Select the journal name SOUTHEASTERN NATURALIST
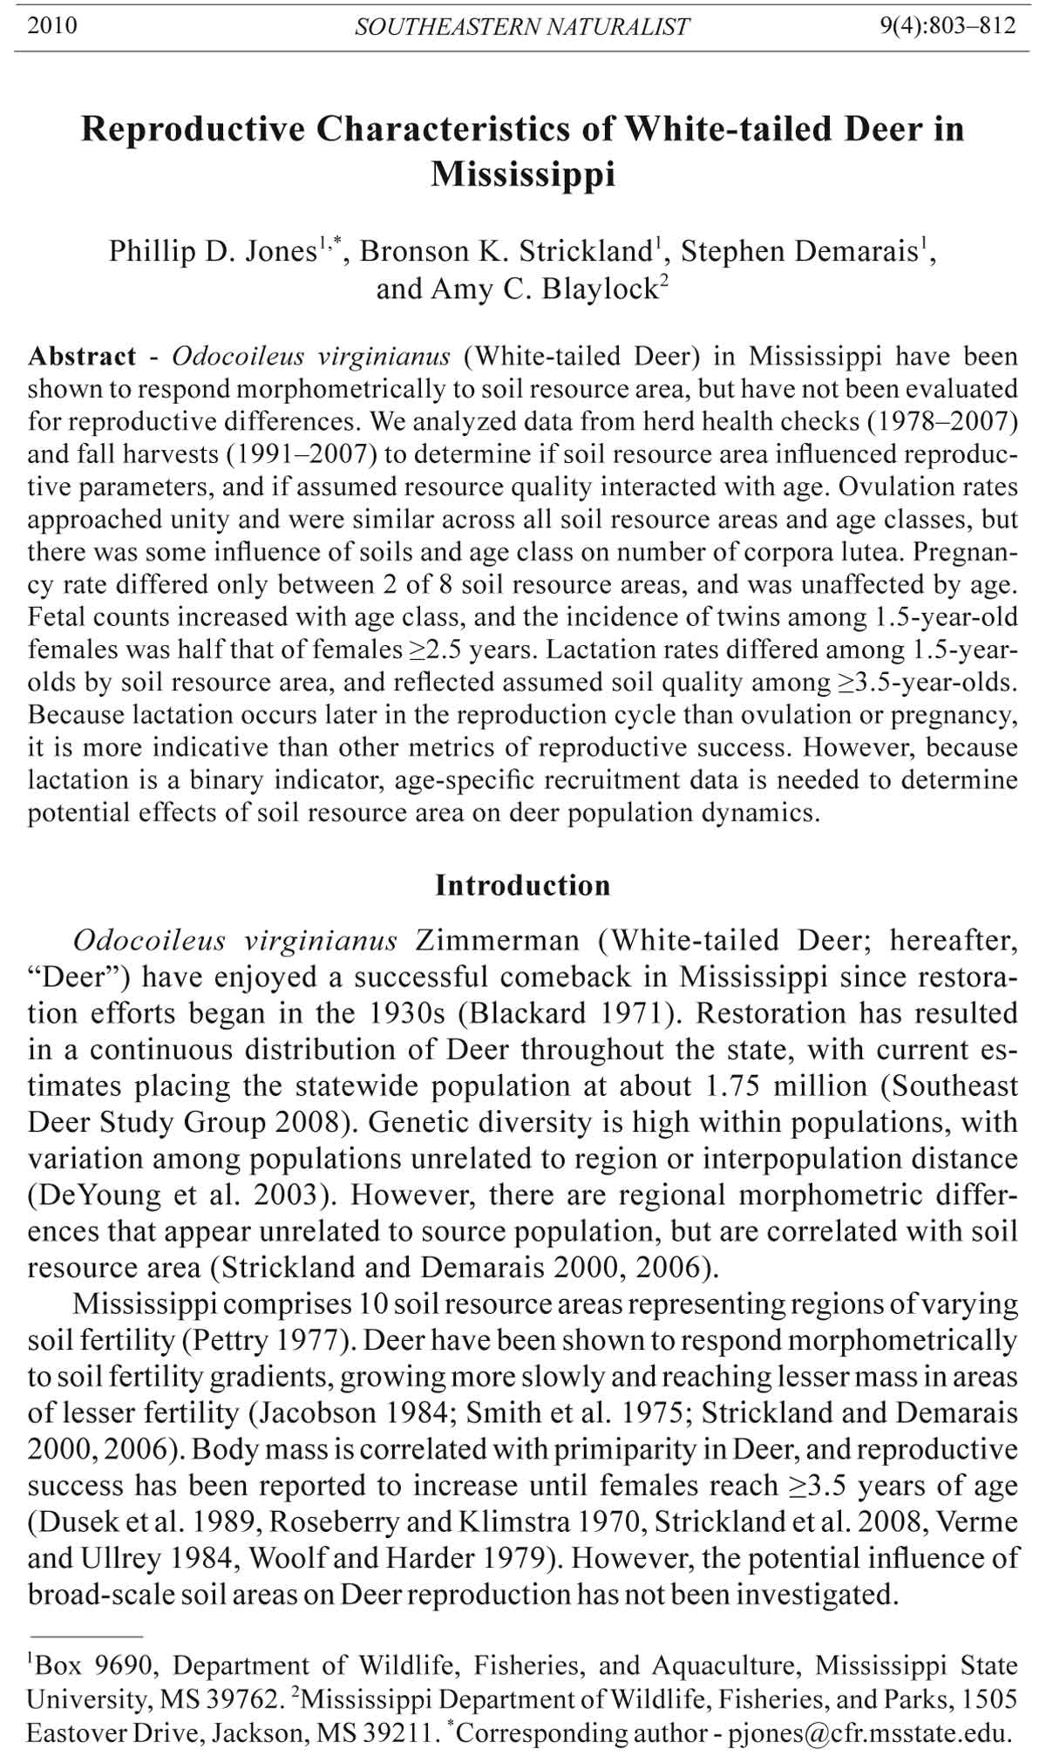point(521,26)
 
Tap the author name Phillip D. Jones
point(211,252)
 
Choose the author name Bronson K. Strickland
point(506,252)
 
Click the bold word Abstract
point(82,357)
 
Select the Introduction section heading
point(522,886)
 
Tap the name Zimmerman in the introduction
point(497,941)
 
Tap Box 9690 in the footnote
point(94,1667)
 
